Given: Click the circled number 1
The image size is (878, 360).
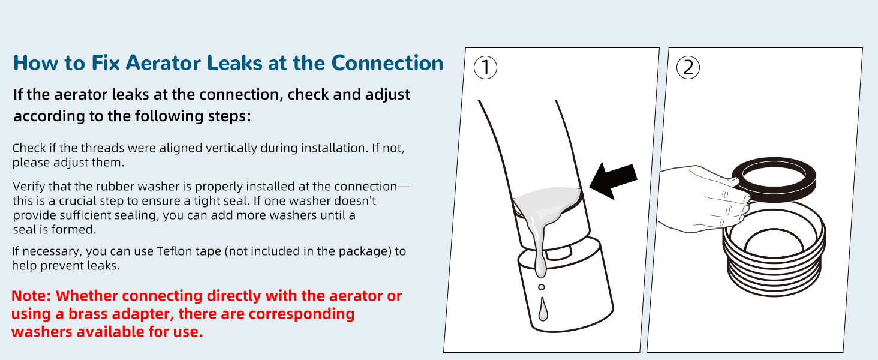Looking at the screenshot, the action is pos(485,67).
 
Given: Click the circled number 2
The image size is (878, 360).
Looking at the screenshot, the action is pos(688,67).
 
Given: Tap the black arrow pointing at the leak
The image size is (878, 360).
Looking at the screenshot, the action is pos(613,181).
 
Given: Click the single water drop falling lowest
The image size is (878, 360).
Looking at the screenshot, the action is pos(543,309).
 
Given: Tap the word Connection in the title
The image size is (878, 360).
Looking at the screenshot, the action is pos(387,63).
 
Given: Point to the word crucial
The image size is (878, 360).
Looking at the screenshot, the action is pos(77,201).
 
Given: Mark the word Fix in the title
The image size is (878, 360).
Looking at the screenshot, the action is pos(106,63).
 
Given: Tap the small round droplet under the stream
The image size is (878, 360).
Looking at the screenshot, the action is pos(542,287).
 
